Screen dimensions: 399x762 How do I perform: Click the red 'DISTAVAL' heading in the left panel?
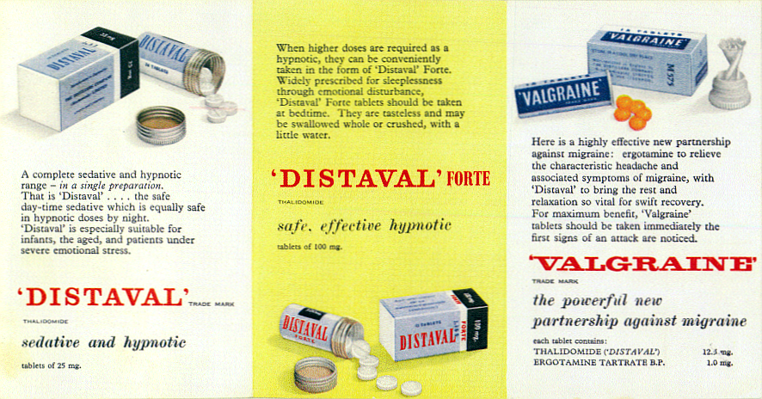(102, 297)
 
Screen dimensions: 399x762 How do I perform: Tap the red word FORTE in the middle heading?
(467, 179)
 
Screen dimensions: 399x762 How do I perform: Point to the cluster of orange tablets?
(633, 111)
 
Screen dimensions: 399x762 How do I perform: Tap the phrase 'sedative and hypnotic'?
(103, 342)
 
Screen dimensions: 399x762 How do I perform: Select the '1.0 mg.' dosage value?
(719, 363)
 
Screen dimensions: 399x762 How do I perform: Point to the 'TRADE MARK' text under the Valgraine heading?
(548, 281)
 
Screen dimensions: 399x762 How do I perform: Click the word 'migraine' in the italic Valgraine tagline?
(712, 322)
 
